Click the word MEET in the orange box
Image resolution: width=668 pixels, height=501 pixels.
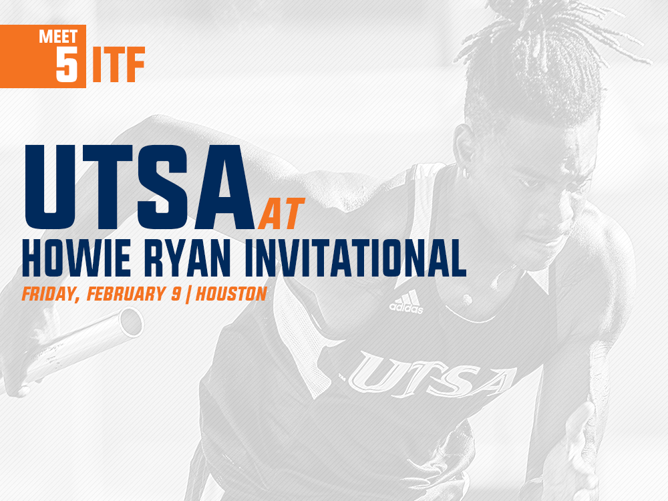pos(58,37)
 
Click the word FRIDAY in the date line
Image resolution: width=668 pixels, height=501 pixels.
pos(47,294)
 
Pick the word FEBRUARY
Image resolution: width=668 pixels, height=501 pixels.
pos(130,294)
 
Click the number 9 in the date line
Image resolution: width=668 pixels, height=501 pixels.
pos(175,294)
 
